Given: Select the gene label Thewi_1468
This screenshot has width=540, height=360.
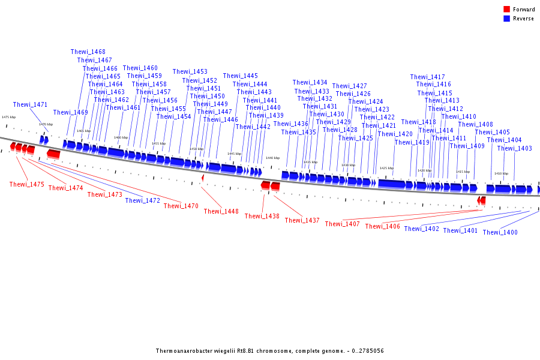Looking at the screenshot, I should click(x=88, y=52).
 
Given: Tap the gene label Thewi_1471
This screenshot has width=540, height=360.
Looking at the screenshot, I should click(x=30, y=105).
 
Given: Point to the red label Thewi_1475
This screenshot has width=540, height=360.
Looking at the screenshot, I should click(x=27, y=185).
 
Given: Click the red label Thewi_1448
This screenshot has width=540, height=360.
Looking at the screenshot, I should click(x=221, y=212).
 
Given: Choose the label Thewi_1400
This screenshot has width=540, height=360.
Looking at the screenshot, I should click(x=500, y=233).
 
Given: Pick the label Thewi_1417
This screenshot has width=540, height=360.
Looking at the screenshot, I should click(x=427, y=77).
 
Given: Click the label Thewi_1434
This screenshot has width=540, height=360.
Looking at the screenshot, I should click(x=310, y=83).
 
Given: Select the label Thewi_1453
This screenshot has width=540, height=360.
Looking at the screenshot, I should click(x=190, y=72).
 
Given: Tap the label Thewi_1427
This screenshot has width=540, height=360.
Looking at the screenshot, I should click(x=349, y=86).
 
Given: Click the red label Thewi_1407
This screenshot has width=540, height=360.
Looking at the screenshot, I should click(x=342, y=224).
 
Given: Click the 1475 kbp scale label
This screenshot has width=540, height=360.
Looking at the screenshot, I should click(x=8, y=118).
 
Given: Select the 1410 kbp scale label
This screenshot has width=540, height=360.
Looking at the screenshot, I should click(x=501, y=173).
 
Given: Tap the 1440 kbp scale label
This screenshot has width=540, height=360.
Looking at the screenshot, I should click(x=272, y=158).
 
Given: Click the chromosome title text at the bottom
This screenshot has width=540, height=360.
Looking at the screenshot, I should click(x=269, y=351).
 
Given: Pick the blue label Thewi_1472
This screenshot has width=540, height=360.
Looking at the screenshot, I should click(x=142, y=201).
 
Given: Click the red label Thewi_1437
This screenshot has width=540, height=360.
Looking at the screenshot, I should click(x=302, y=221).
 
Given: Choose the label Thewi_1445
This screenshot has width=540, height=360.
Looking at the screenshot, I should click(x=240, y=76).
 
